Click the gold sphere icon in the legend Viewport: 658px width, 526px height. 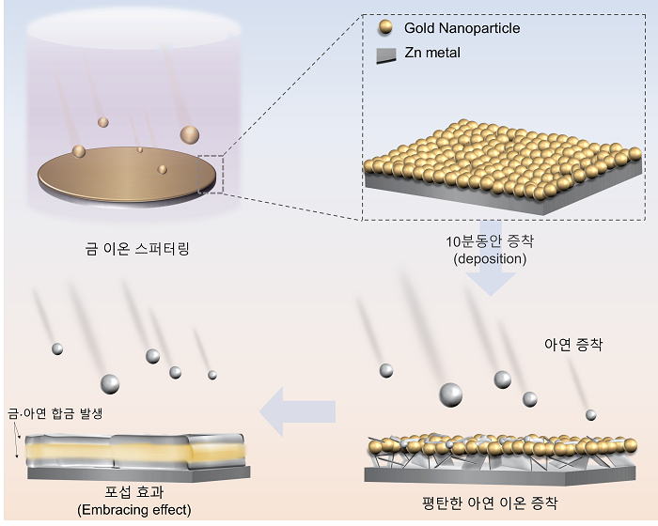(x=384, y=27)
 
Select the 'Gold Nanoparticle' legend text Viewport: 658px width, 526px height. (x=462, y=28)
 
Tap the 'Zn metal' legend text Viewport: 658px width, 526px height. (x=432, y=53)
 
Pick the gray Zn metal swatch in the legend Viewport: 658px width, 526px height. (x=385, y=55)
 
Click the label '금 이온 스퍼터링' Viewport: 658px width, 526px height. (x=137, y=249)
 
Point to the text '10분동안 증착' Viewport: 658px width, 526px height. (x=490, y=241)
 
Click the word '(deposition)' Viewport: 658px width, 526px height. (x=490, y=258)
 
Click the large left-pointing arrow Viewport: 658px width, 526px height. (x=298, y=411)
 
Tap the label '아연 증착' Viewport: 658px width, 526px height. (x=573, y=345)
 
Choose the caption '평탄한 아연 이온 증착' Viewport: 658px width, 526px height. (x=490, y=503)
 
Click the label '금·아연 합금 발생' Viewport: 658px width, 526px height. (x=55, y=413)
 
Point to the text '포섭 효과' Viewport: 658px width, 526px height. (x=133, y=491)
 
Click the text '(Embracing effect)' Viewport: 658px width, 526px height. (x=133, y=510)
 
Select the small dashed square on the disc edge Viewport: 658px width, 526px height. (x=211, y=175)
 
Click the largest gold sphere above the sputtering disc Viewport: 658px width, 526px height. (x=190, y=135)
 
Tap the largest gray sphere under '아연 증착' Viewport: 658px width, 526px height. (x=450, y=394)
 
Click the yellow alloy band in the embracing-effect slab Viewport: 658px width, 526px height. (x=135, y=452)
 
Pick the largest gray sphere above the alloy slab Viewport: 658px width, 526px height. (x=110, y=384)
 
